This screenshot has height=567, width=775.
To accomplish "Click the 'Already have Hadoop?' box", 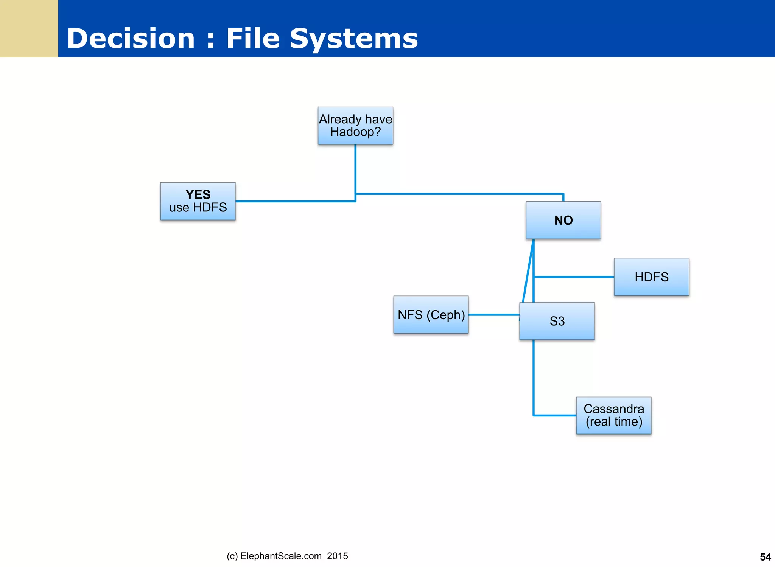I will tap(355, 126).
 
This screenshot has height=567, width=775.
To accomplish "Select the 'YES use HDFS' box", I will tap(198, 201).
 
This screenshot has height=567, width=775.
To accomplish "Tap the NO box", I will tap(563, 220).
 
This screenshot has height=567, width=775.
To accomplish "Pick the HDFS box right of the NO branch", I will tap(651, 277).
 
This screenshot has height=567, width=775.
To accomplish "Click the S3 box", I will tap(557, 321).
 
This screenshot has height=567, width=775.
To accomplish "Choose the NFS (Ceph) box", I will tap(431, 315).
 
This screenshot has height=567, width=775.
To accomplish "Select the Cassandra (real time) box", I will tap(613, 415).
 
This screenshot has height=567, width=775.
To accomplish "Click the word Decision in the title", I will tap(131, 39).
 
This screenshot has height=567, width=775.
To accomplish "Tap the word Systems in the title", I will tap(353, 39).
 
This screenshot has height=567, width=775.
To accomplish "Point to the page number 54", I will tap(765, 557).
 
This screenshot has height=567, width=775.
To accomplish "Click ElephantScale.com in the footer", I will tap(281, 556).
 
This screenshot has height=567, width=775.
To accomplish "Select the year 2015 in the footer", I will tap(338, 556).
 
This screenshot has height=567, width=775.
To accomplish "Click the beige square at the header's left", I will tap(29, 28).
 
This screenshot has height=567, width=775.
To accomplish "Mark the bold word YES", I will tap(198, 194).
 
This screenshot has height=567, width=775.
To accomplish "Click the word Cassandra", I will tap(613, 409).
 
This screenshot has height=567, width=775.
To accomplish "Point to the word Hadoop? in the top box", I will tap(355, 132).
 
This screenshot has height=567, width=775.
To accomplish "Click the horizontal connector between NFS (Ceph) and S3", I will tap(494, 315).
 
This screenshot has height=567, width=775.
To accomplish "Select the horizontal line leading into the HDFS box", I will tap(573, 277).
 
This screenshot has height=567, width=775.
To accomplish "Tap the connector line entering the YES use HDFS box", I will tap(295, 201).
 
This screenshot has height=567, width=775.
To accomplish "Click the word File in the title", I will tap(253, 39).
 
